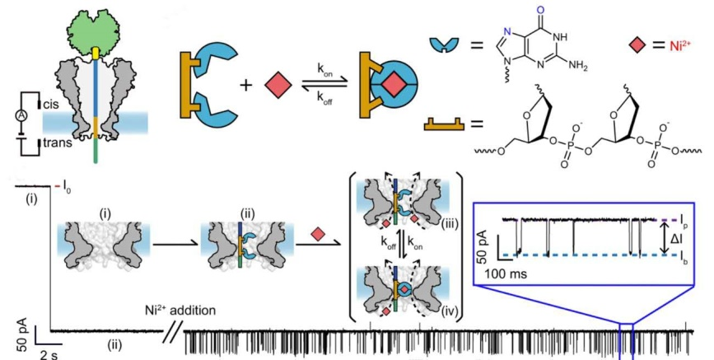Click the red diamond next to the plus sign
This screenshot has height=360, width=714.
(x=278, y=85)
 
